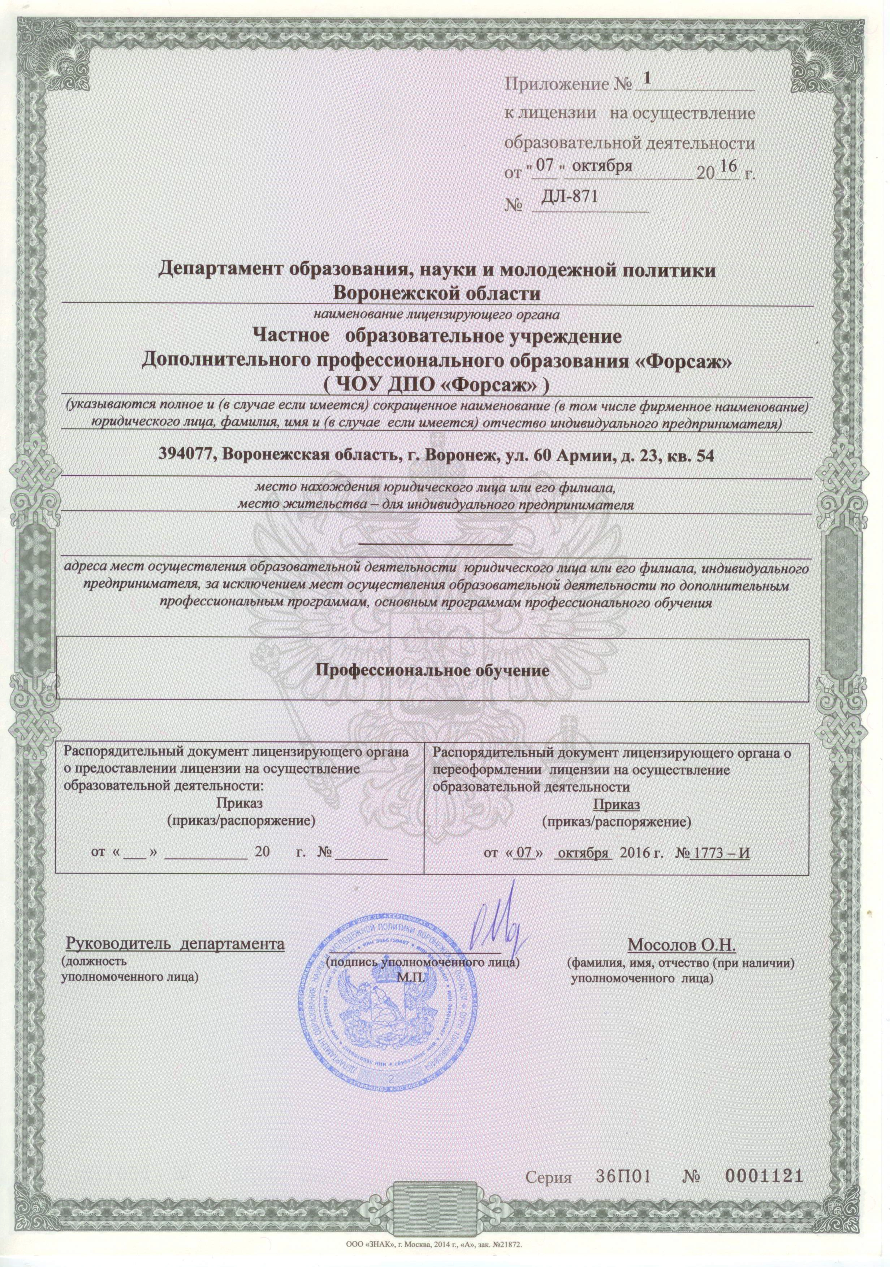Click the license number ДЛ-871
point(570,197)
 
